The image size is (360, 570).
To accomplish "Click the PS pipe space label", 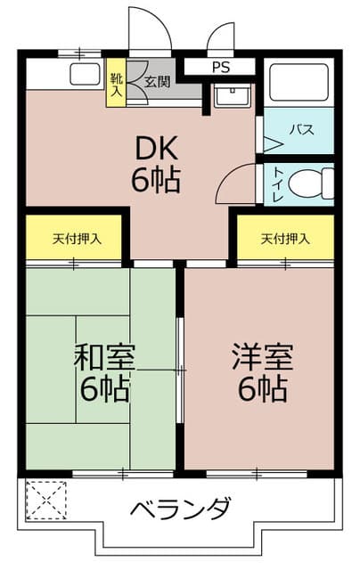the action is pyautogui.click(x=221, y=68).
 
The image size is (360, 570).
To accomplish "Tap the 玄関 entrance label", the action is pyautogui.click(x=158, y=82).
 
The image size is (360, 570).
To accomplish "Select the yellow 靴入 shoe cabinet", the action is pyautogui.click(x=116, y=83).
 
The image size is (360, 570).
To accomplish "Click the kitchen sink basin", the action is pyautogui.click(x=85, y=75).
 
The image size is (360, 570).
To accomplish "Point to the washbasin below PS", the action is pyautogui.click(x=232, y=95).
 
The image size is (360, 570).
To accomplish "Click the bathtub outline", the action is pyautogui.click(x=299, y=83).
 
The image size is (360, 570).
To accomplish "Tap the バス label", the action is pyautogui.click(x=301, y=130).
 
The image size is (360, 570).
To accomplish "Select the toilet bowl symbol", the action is pyautogui.click(x=311, y=183).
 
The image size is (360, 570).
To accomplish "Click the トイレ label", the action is pyautogui.click(x=278, y=184).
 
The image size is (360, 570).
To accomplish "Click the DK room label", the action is pyautogui.click(x=156, y=148).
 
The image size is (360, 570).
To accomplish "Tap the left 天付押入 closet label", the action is pyautogui.click(x=77, y=239).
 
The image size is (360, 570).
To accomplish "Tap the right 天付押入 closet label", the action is pyautogui.click(x=285, y=239).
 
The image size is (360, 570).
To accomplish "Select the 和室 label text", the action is pyautogui.click(x=104, y=357).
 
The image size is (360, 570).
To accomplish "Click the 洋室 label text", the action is pyautogui.click(x=263, y=357).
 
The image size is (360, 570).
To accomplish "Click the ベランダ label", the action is pyautogui.click(x=181, y=507).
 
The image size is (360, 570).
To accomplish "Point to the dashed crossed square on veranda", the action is pyautogui.click(x=46, y=501).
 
